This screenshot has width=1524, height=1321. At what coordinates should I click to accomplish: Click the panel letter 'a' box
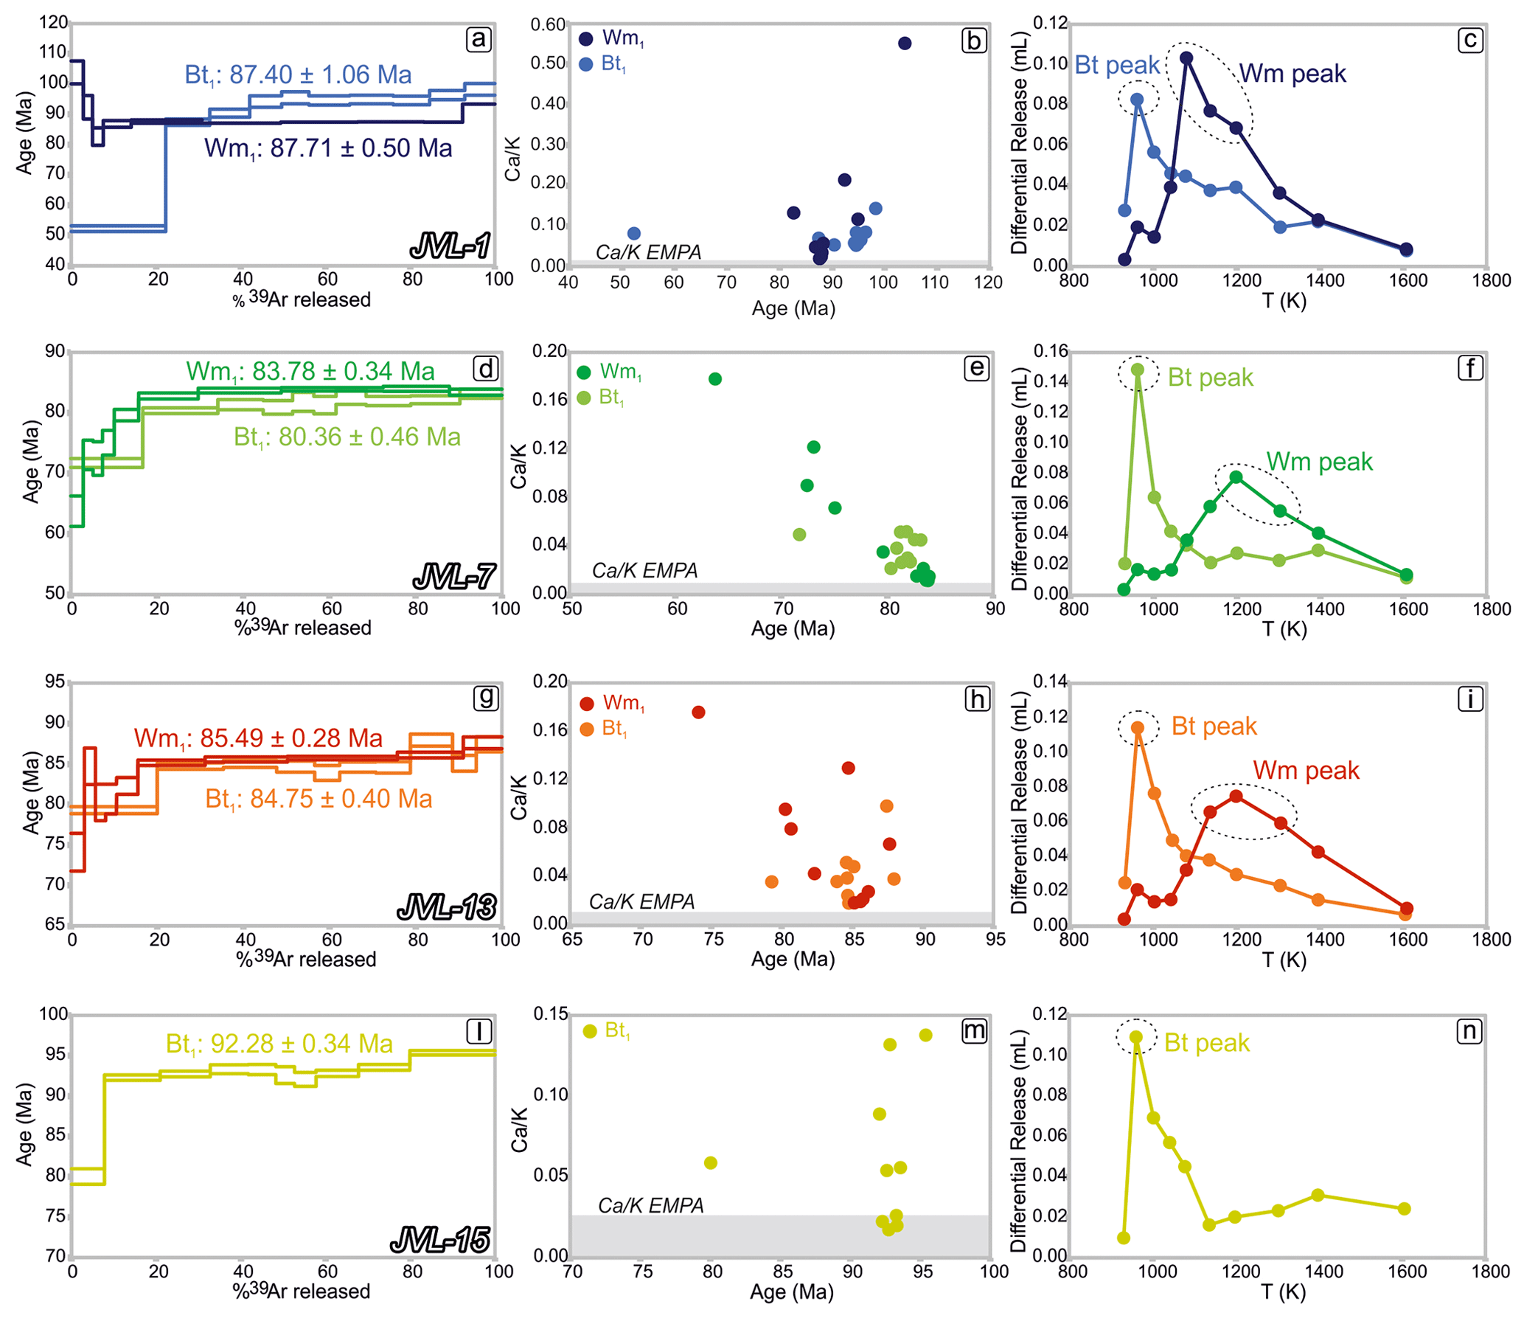479,39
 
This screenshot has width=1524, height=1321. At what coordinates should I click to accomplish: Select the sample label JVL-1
450,246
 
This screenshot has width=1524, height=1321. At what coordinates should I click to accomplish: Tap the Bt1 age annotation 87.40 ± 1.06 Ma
298,74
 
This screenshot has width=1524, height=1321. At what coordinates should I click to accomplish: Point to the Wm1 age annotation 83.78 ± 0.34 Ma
310,371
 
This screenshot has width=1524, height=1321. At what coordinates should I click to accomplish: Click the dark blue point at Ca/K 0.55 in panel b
905,44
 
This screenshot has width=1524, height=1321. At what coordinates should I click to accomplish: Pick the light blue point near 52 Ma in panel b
633,234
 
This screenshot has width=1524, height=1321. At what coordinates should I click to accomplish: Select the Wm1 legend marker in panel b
586,39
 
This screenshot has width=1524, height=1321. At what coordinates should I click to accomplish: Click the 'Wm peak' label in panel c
1292,74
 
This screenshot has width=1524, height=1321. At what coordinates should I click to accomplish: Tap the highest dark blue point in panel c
1186,58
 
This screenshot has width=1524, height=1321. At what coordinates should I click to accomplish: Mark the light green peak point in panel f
1138,370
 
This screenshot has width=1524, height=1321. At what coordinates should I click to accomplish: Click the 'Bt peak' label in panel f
1210,378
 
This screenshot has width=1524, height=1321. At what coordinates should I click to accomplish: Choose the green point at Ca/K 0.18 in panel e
714,379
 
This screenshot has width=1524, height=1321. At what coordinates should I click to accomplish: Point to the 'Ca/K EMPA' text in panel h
641,901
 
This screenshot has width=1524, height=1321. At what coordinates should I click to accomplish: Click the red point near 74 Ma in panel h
698,712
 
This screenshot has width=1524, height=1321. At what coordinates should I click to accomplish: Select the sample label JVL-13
447,906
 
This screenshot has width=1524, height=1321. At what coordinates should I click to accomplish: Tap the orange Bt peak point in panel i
1138,728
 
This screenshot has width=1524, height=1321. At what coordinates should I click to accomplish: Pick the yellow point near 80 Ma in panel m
710,1163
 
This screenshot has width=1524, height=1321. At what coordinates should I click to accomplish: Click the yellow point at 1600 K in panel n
1404,1209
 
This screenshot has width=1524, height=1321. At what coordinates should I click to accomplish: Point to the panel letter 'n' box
1469,1031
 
